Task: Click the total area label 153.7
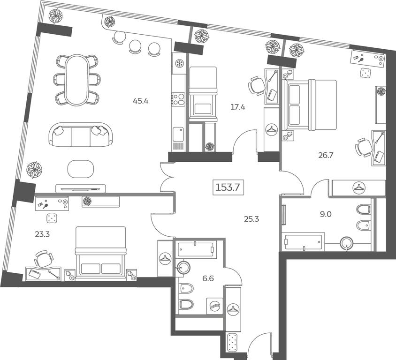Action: point(228,187)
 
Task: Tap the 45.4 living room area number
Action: point(141,101)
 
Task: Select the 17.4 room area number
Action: point(238,107)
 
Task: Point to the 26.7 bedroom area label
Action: point(326,155)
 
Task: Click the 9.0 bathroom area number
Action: point(326,214)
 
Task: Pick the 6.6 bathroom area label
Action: point(208,278)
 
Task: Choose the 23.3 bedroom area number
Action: point(42,234)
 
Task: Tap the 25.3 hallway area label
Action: point(251,219)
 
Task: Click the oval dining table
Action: point(77,80)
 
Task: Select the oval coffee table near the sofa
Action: point(81,169)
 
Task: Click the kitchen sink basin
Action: point(178,135)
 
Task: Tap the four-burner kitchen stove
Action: point(178,99)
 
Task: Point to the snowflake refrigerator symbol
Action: point(179,63)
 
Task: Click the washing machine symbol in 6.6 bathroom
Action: point(215,306)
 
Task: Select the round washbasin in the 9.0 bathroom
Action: point(347,243)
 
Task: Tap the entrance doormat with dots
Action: point(232,342)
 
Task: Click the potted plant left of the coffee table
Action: point(34,170)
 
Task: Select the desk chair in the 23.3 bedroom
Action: point(44,259)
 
